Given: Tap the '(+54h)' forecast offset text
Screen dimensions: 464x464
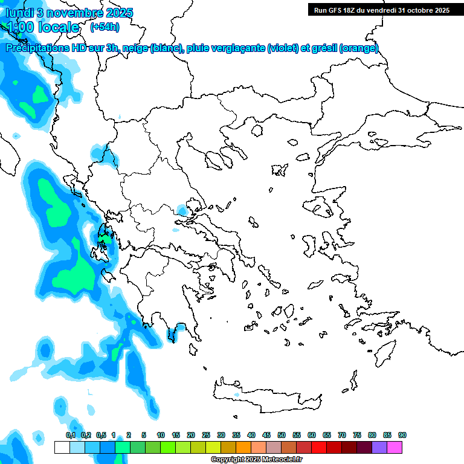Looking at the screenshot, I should point(105,27).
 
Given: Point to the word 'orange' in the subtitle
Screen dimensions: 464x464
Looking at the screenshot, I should point(359,48).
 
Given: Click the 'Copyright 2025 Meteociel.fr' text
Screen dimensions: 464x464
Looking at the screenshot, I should point(257,460).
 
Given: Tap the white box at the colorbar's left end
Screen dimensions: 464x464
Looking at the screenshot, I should point(62,447).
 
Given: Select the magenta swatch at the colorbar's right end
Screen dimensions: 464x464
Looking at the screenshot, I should point(395,447).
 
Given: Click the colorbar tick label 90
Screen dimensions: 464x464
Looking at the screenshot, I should point(402,435).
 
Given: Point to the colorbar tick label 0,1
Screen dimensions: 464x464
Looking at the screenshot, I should point(70,435).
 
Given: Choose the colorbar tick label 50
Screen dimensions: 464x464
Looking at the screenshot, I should point(282,435).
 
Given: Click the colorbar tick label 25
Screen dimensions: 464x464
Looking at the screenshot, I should point(206,435).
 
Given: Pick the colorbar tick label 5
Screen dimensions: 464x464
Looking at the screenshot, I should point(144,435).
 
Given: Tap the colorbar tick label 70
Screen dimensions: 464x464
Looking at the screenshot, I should point(342,435).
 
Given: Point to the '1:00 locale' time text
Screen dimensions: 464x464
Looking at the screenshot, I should point(42,27).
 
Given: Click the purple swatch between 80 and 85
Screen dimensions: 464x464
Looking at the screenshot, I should point(379,447).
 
